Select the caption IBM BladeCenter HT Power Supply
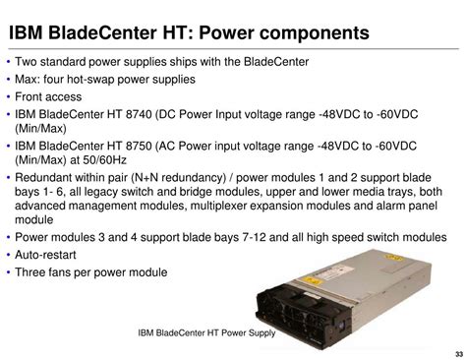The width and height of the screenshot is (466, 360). pyautogui.click(x=207, y=331)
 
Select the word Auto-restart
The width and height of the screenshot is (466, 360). pyautogui.click(x=48, y=255)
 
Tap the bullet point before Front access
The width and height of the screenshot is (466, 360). pyautogui.click(x=8, y=96)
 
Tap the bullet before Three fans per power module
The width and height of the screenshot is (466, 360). pyautogui.click(x=8, y=272)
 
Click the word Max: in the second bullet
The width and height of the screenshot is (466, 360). pyautogui.click(x=30, y=79)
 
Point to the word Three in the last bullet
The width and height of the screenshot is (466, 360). pyautogui.click(x=32, y=272)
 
